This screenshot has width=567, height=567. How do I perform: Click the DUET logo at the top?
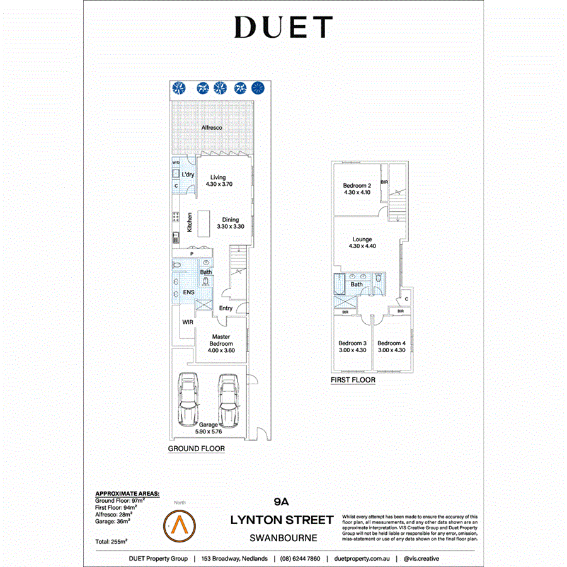pos(283,28)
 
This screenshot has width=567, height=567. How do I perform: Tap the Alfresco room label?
pos(212,128)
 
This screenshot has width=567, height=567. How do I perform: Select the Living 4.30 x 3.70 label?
pos(219,181)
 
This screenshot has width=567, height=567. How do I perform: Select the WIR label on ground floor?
pos(187,322)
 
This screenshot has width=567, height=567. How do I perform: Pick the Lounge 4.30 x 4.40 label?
pos(362,243)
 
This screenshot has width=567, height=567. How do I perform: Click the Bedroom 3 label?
pos(352,346)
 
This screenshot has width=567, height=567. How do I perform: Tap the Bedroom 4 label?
pos(391,346)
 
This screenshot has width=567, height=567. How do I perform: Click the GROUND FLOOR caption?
pos(196,449)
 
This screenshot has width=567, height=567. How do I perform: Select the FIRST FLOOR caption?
pos(353,380)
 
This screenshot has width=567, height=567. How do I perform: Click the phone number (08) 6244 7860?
pos(300,559)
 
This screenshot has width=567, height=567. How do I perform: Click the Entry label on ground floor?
pos(226,308)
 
